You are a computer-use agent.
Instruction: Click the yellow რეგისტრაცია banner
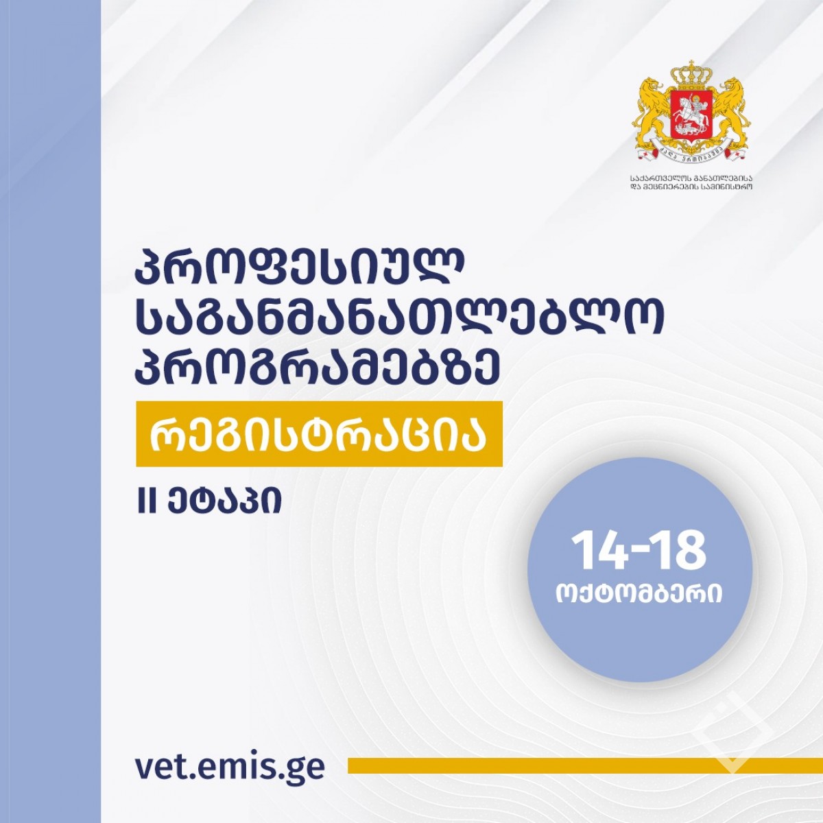tap(319, 433)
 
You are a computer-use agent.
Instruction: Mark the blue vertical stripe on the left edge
tap(50, 411)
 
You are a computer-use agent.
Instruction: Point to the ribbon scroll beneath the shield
tap(691, 150)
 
